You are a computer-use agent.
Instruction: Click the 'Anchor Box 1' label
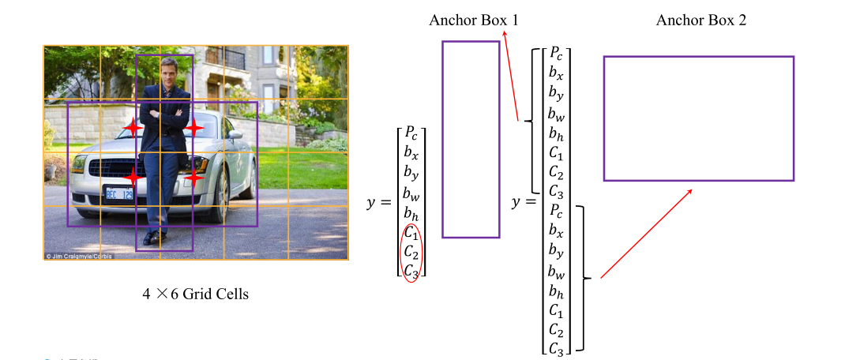pos(473,20)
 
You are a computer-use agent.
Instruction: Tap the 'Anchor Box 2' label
pos(700,20)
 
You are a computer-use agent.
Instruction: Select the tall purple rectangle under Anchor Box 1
pos(471,139)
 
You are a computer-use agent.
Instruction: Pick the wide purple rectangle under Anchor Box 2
pos(698,118)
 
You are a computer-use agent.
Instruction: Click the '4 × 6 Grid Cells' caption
pos(195,294)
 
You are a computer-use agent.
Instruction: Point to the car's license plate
pos(120,193)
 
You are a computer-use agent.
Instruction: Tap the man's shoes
pos(155,237)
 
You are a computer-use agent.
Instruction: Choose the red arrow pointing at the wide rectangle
pos(646,234)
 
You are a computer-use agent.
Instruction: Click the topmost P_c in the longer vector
pos(557,54)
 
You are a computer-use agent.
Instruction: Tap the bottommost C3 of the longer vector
pos(557,347)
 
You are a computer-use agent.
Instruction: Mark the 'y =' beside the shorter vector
pos(380,203)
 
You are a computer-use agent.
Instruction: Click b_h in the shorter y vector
pos(411,213)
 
